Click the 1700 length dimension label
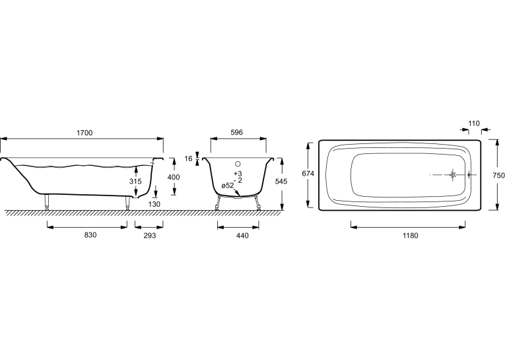(x=84, y=133)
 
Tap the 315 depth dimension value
(x=135, y=182)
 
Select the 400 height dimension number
(x=174, y=177)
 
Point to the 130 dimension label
(x=154, y=204)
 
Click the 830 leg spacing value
(x=90, y=235)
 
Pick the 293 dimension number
(x=150, y=236)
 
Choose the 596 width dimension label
(x=237, y=133)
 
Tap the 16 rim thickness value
(x=188, y=159)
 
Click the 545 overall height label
(x=281, y=182)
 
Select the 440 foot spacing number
(x=242, y=236)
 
